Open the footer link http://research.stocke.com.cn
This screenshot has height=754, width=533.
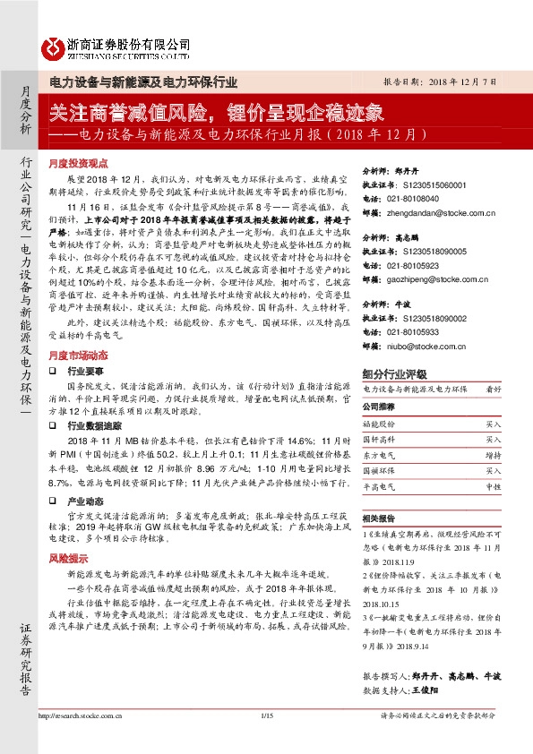tap(84, 740)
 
